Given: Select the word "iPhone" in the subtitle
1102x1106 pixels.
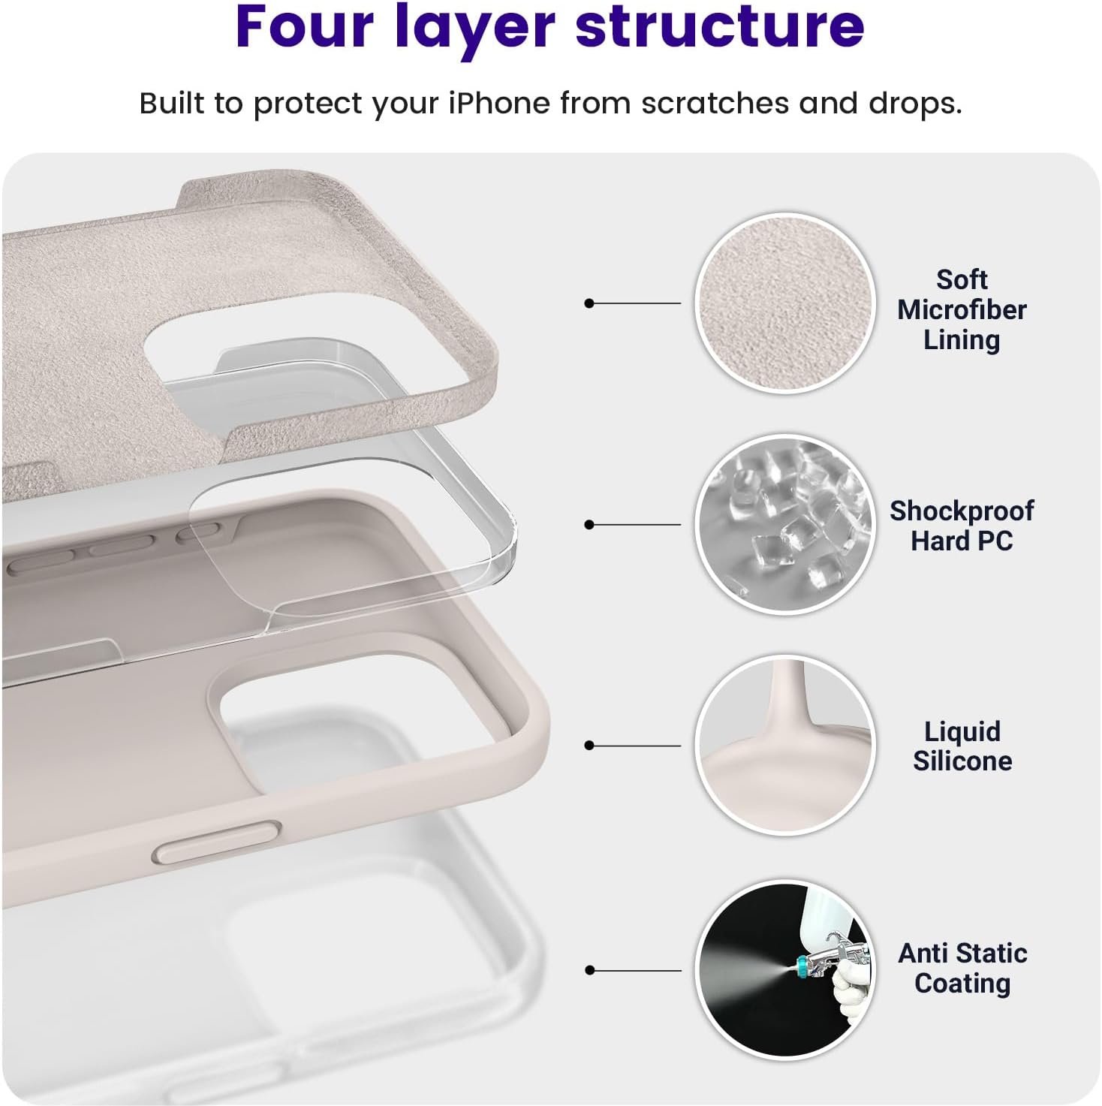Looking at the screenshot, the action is (498, 104).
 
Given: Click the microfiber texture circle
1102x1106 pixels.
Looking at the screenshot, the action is (785, 303).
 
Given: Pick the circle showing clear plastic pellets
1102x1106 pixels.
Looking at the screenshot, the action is (785, 525).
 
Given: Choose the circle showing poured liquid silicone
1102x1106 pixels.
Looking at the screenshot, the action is (785, 746).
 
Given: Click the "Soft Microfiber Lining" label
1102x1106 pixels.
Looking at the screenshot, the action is (962, 310).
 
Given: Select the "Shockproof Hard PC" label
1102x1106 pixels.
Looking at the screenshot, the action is (962, 525).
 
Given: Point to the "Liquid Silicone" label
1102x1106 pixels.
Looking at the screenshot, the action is (962, 746).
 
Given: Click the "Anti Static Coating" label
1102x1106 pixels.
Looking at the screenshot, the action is (962, 968).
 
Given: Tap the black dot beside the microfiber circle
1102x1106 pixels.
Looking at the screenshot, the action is (589, 303).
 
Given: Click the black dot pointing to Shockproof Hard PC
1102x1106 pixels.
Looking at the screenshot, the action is (589, 525).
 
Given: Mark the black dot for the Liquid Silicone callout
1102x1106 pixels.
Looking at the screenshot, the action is (589, 746).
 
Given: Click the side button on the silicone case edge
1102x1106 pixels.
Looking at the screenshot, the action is (217, 842).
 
